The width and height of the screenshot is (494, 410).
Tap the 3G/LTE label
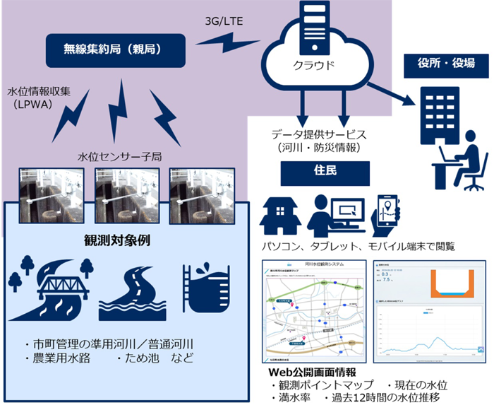tap(224, 21)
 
